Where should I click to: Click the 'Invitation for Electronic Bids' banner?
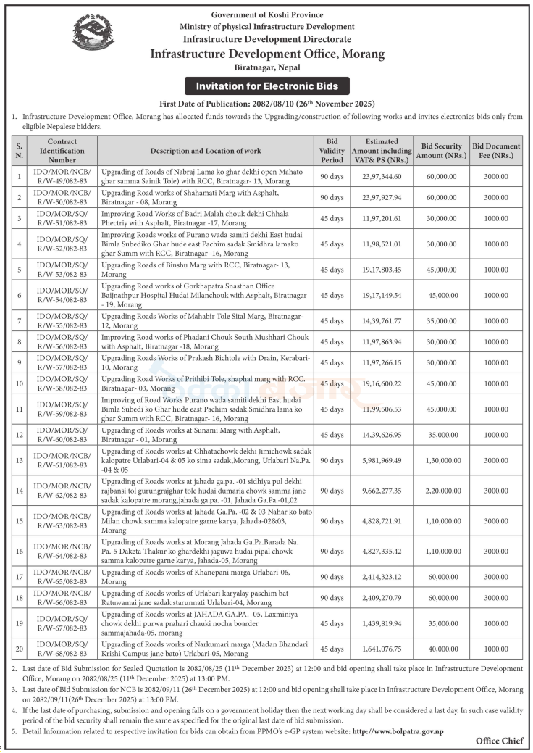[x=266, y=86]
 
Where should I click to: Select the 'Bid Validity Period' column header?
[x=332, y=150]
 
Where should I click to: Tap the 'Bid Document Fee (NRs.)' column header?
[x=496, y=150]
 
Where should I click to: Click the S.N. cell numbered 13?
[x=20, y=460]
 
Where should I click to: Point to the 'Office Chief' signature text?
[x=499, y=741]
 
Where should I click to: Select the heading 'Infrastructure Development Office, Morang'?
[x=267, y=54]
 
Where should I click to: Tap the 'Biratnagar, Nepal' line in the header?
[x=267, y=67]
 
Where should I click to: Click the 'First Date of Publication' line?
[x=267, y=104]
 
